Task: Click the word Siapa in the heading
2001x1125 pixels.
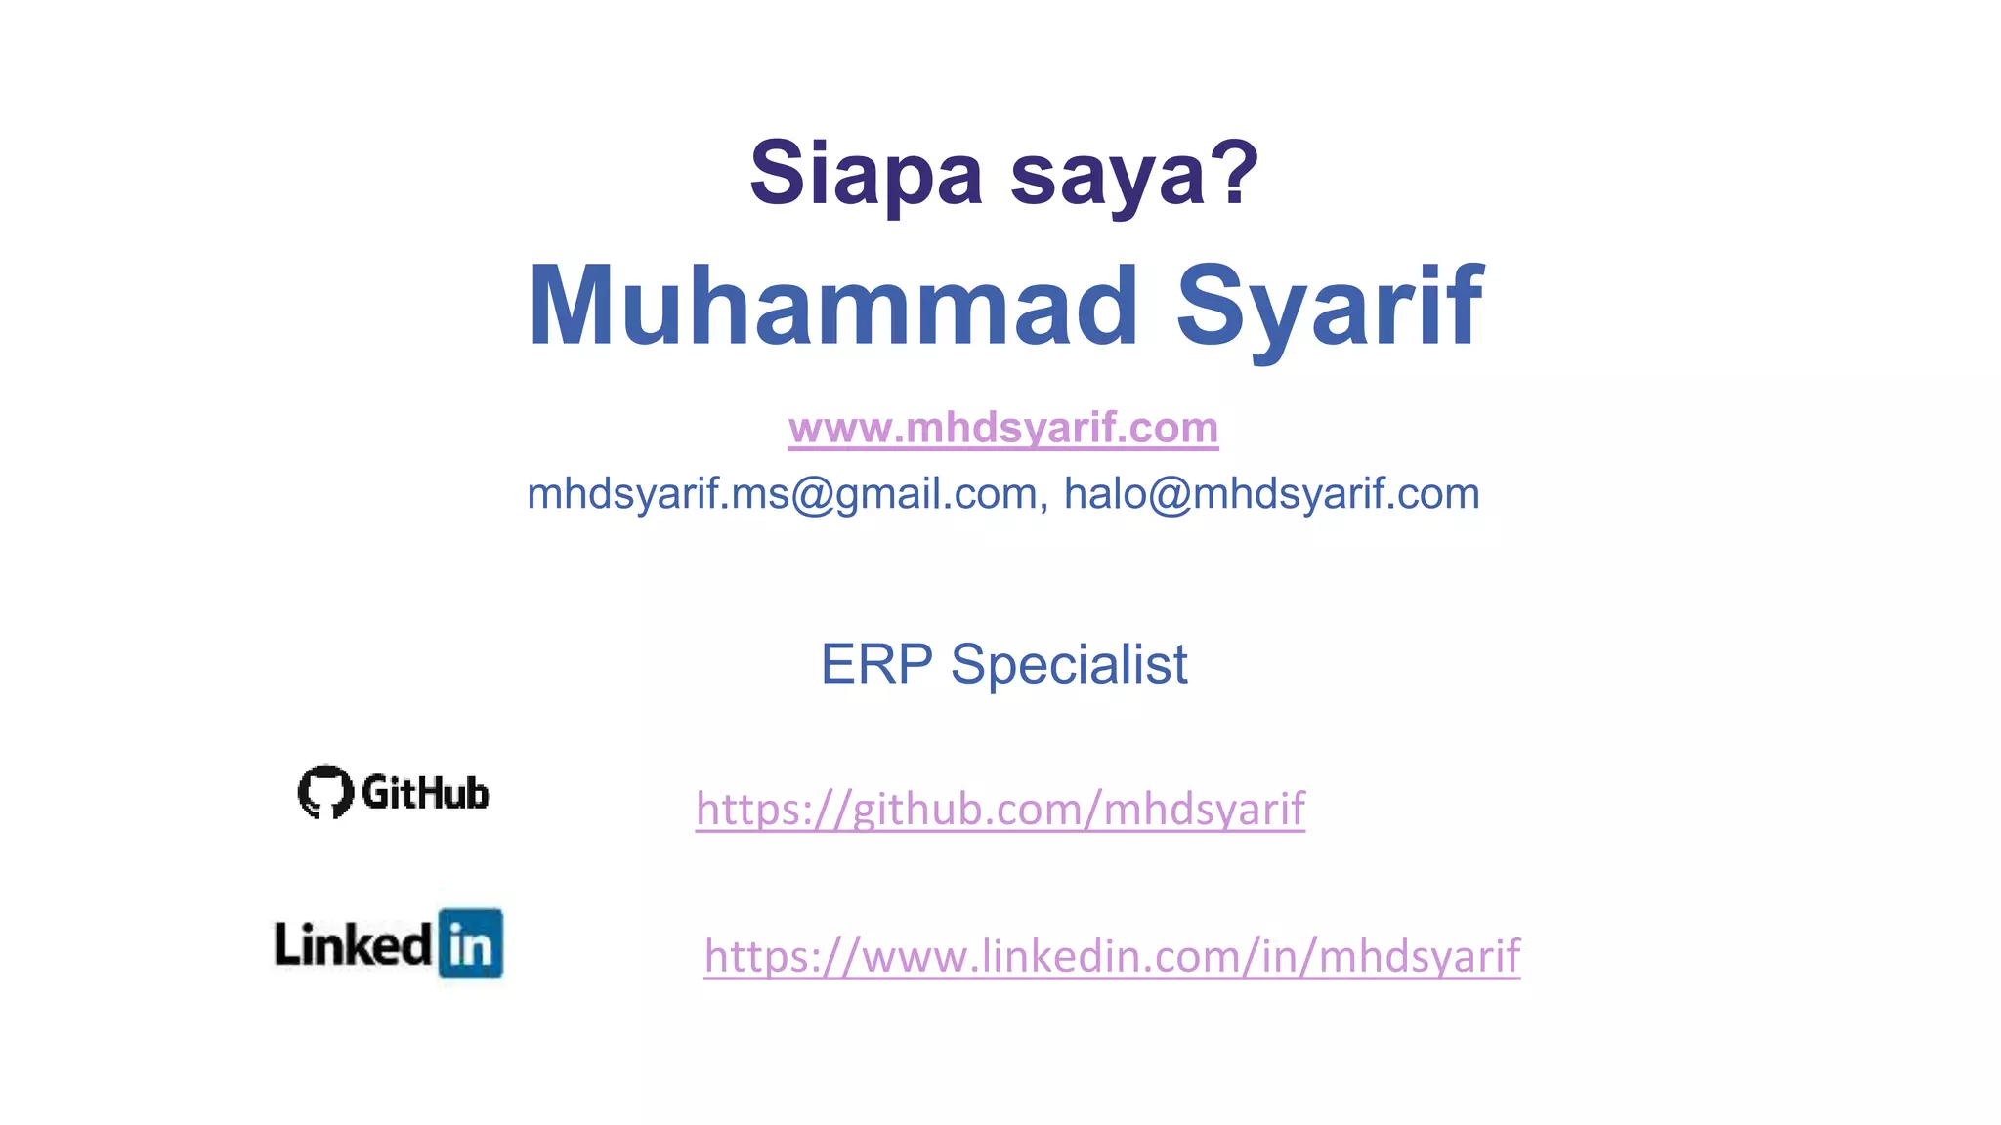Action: coord(866,174)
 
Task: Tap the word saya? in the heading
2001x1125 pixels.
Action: coord(1133,176)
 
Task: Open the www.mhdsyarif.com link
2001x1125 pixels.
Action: coord(1003,428)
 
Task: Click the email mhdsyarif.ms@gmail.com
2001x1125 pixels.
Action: coord(782,494)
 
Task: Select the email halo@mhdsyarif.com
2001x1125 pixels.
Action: coord(1271,494)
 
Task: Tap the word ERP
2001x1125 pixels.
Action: coord(876,665)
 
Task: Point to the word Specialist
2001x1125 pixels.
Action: coord(1069,665)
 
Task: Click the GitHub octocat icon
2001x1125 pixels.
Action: coord(325,791)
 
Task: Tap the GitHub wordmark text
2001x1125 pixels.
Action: coord(425,793)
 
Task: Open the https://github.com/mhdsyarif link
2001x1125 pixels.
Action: coord(1000,809)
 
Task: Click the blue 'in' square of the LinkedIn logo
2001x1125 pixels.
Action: coord(471,943)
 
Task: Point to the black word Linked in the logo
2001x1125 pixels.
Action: coord(353,944)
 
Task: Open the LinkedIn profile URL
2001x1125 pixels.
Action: coord(1112,956)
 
